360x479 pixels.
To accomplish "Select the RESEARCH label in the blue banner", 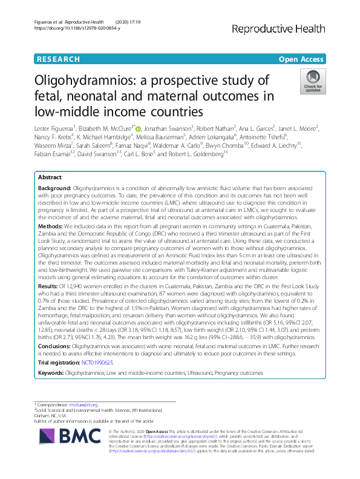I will point(57,59).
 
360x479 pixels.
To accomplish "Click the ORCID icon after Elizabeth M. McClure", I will point(138,128).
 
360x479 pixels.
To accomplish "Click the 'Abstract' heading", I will point(50,178).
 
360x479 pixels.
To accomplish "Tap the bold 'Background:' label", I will point(54,190).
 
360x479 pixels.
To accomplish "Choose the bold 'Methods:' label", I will point(51,225).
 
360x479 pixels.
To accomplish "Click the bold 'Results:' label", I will point(50,285).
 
